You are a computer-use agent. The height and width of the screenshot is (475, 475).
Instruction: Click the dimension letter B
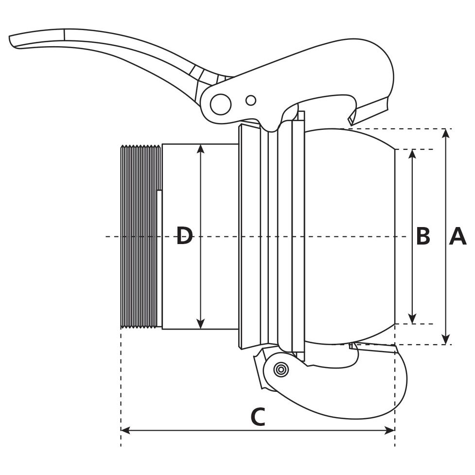pos(423,237)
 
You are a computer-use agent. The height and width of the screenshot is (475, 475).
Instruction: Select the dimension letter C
pos(258,417)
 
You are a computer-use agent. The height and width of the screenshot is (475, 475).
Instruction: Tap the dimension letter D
pos(184,237)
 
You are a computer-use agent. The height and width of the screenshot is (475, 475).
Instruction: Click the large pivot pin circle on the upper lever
pos(221,105)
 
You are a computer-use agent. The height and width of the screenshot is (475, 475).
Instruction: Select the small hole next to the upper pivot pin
pos(251,100)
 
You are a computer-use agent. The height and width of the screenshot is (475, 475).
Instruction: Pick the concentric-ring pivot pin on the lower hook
pos(281,369)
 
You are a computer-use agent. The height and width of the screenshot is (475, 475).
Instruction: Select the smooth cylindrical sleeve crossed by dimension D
pos(219,204)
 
